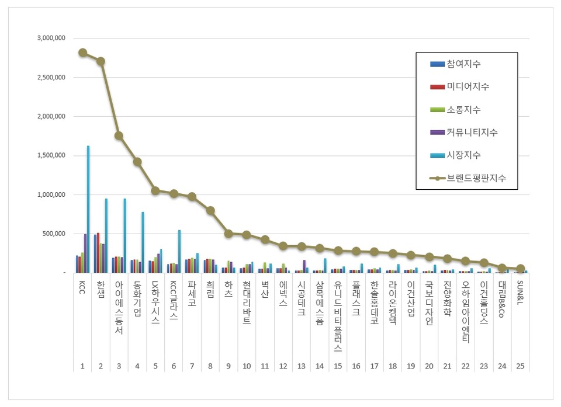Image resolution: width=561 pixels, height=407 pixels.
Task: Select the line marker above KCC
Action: tap(82, 53)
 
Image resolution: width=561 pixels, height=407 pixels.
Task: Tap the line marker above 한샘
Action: tap(101, 61)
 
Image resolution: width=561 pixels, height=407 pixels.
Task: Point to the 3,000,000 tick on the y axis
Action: tap(51, 38)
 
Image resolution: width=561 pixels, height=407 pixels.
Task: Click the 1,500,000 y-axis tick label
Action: tap(51, 155)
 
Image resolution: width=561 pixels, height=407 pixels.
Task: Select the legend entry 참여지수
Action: tap(464, 64)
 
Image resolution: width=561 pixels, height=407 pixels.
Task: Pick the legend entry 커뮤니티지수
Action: tap(472, 133)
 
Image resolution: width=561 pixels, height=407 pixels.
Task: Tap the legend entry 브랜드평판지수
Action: tap(475, 178)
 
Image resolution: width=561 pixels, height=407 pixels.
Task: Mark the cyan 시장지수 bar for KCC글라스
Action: tap(179, 251)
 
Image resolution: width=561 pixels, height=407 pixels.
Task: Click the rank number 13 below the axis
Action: tap(301, 366)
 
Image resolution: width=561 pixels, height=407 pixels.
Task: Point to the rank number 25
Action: tap(520, 366)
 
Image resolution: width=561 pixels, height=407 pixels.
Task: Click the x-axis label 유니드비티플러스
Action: tap(338, 315)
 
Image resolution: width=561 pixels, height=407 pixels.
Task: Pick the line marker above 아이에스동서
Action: tap(119, 135)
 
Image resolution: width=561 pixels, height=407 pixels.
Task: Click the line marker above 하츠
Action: tap(228, 234)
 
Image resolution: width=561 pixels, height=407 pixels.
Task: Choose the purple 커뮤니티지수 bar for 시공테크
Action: tap(304, 266)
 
